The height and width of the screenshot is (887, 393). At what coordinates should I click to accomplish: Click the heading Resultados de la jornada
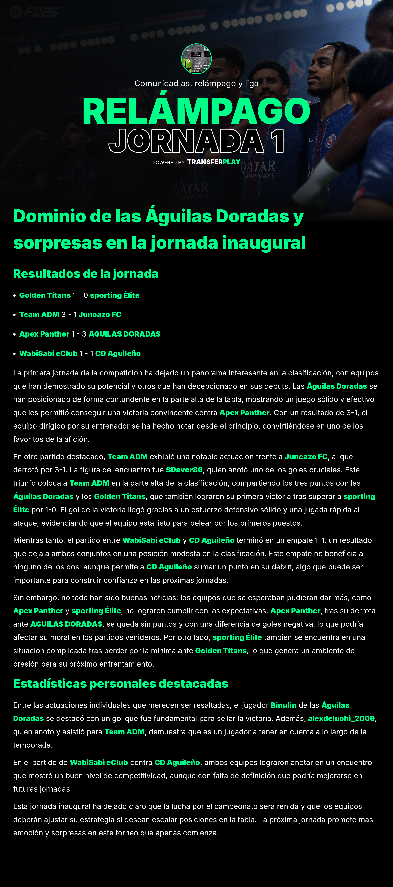pyautogui.click(x=86, y=274)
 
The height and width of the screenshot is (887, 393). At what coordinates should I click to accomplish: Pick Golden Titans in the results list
pyautogui.click(x=45, y=295)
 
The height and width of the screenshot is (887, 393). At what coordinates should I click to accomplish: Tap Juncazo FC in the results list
pyautogui.click(x=100, y=315)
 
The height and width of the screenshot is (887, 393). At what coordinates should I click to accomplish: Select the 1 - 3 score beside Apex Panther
pyautogui.click(x=79, y=334)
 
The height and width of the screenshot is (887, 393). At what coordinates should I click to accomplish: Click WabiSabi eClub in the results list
pyautogui.click(x=48, y=354)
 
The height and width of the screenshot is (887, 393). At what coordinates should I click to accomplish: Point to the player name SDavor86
pyautogui.click(x=184, y=470)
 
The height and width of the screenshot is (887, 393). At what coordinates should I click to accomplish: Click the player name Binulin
pyautogui.click(x=283, y=705)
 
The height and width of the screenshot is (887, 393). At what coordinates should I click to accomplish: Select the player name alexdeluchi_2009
pyautogui.click(x=341, y=719)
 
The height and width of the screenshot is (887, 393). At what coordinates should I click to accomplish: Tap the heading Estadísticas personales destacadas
pyautogui.click(x=120, y=684)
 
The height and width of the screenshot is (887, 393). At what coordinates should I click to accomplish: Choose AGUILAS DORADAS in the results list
pyautogui.click(x=125, y=334)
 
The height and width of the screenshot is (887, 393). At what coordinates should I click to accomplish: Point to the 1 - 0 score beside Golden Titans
pyautogui.click(x=80, y=295)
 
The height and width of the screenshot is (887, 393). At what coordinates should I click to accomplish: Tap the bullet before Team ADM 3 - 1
pyautogui.click(x=15, y=315)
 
